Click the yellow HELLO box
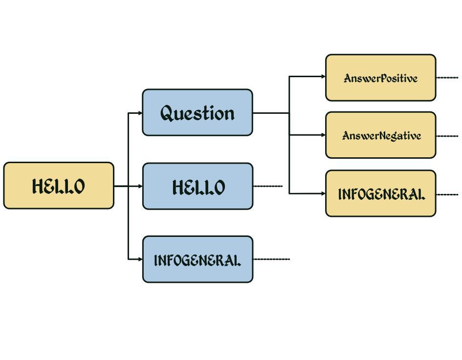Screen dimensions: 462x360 [59, 186]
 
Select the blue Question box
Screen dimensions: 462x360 [198, 112]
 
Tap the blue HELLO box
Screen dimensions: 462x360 [198, 186]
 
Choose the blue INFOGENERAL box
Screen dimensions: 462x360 [198, 259]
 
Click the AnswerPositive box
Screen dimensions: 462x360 [381, 78]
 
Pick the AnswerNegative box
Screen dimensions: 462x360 [381, 135]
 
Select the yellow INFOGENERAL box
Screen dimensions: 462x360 [381, 193]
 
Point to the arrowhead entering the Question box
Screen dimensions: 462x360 [140, 113]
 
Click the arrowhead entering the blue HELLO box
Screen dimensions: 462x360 [140, 186]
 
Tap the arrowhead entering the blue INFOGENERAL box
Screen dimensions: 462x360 [140, 259]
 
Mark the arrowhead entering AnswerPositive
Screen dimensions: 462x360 [323, 77]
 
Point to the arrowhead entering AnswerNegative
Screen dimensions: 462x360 [323, 135]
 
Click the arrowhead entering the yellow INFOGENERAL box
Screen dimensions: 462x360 [323, 193]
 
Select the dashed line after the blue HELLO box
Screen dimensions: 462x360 [268, 186]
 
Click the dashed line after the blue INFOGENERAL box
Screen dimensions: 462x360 [272, 259]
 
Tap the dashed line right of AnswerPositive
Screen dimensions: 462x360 [447, 78]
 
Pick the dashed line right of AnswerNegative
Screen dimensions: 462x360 [447, 136]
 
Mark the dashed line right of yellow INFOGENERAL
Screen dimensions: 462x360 [447, 194]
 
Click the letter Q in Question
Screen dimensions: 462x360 [168, 113]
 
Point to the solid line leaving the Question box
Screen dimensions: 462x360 [271, 113]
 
